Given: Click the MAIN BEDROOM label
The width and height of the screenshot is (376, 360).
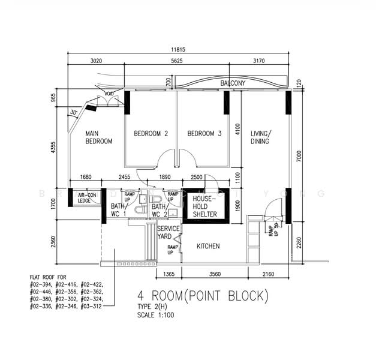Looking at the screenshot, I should [98, 137].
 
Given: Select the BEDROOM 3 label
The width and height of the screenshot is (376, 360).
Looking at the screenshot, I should [204, 134].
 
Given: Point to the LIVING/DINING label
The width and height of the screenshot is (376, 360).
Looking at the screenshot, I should [260, 137].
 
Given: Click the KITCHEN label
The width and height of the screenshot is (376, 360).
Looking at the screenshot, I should [208, 246].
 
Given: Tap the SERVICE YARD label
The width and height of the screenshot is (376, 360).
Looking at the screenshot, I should [169, 233].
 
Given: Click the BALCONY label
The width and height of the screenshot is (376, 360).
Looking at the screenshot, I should [232, 83].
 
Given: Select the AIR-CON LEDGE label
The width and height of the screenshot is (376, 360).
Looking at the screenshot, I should [87, 198].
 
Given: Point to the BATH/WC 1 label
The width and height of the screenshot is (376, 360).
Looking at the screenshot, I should [118, 210].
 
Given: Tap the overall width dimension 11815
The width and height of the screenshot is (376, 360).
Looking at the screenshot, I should [179, 49].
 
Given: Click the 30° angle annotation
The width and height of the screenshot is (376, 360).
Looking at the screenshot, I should [74, 112].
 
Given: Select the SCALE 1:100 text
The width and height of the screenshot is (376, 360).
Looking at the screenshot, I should [155, 315].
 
